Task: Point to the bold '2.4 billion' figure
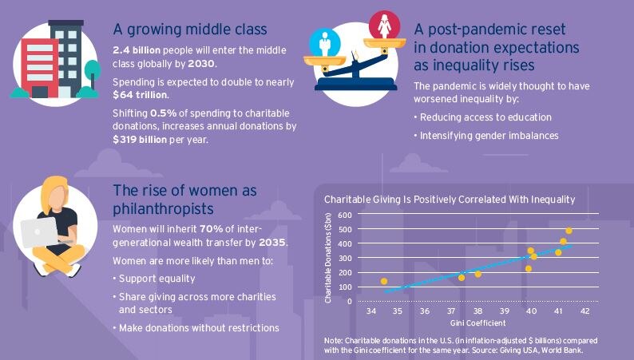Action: (139, 50)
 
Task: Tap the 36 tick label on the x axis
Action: (424, 310)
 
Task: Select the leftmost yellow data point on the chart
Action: (384, 281)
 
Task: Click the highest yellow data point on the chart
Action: (569, 231)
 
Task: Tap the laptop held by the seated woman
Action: (41, 232)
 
